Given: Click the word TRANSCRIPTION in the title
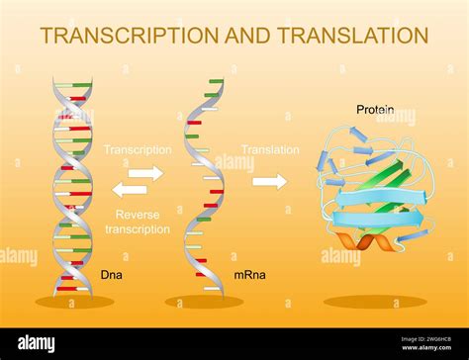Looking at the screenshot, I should [x=126, y=36].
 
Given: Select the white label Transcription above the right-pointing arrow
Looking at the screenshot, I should [x=138, y=150].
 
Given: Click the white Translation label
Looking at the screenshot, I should [x=269, y=150].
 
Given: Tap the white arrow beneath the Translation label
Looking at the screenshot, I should [x=269, y=181].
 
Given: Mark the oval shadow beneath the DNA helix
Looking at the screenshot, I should [x=74, y=302].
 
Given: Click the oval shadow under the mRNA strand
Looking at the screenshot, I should [x=205, y=302].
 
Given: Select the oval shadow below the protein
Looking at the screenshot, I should [x=375, y=302].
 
